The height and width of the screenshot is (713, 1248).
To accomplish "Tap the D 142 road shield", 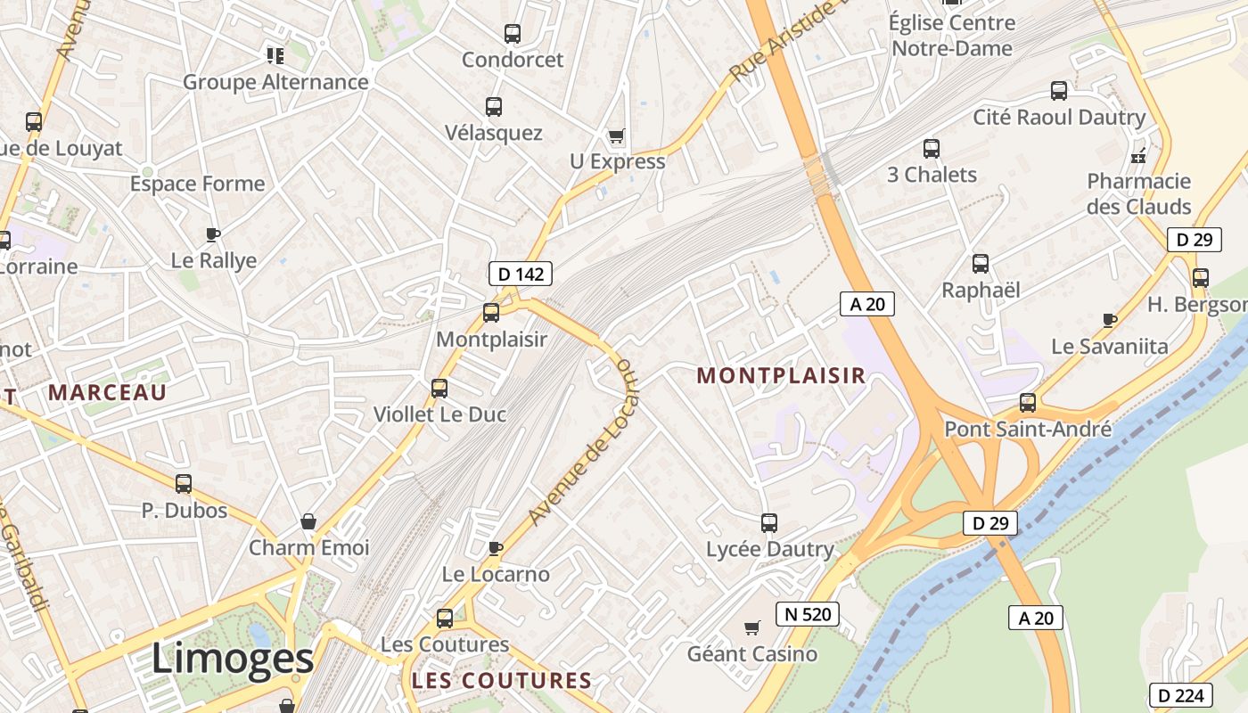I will [521, 274].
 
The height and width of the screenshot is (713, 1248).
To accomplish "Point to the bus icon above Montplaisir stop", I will [491, 313].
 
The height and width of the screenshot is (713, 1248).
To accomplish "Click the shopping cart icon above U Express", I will [616, 136].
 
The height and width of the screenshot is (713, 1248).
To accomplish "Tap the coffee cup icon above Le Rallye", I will [213, 234].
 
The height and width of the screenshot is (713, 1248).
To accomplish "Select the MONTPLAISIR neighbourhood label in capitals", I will [781, 375].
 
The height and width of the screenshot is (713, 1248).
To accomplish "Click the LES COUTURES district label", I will [502, 681].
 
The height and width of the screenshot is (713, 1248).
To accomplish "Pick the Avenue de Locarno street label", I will [579, 443].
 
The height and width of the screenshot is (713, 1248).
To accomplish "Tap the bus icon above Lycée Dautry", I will [769, 523].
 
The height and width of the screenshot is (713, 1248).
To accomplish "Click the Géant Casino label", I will [751, 654].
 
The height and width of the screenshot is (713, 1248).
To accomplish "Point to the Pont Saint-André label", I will [1028, 429].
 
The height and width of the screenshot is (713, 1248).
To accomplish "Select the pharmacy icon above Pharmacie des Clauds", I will [1137, 156].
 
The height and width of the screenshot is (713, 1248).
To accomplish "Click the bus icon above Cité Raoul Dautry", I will [1059, 91].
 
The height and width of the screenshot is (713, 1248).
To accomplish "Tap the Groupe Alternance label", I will [275, 82].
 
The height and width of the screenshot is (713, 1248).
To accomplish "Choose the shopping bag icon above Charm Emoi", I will [308, 521].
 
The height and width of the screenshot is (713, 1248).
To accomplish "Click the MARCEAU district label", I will [107, 392].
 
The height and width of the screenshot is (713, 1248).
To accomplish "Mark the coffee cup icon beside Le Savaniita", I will [1110, 320].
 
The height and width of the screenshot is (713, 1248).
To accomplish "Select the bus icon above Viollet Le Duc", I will [439, 389].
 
